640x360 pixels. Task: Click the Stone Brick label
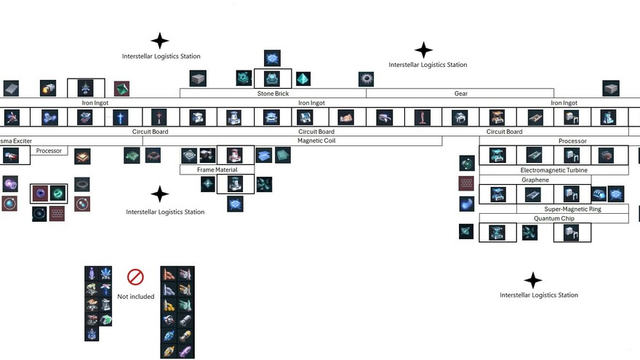tap(273, 94)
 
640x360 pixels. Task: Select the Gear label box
tap(460, 94)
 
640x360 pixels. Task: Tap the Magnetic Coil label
tap(316, 141)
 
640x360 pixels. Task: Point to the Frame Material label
tap(216, 170)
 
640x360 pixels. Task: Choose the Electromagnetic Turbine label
tap(553, 170)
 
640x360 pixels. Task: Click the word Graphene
tap(535, 180)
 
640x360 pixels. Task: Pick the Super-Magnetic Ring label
tap(573, 209)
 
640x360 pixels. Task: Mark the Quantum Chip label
tap(553, 218)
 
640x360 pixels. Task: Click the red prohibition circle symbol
tap(135, 277)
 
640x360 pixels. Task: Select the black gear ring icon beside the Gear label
tap(367, 79)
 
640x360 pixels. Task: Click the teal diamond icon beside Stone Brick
tap(303, 79)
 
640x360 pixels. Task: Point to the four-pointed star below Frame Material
tap(159, 194)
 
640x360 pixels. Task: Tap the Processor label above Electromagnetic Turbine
tap(572, 141)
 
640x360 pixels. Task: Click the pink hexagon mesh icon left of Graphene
tap(466, 184)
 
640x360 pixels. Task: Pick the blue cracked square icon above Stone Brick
tap(272, 57)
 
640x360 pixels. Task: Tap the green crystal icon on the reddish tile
tap(121, 89)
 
